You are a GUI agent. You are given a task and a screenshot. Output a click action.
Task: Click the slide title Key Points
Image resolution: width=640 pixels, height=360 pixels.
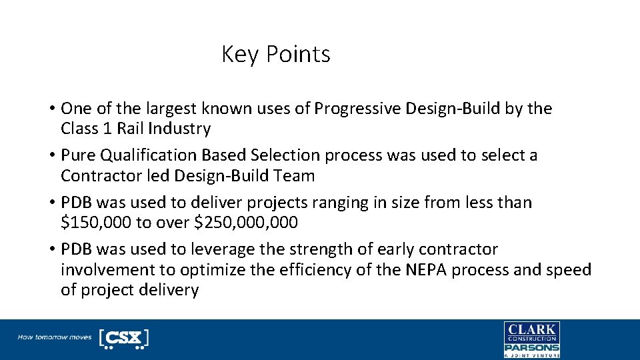[275, 54]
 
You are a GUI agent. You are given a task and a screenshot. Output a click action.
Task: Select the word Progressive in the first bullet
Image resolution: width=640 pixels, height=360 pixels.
[348, 108]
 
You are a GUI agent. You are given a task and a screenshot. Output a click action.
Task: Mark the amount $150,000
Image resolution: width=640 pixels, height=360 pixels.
[91, 223]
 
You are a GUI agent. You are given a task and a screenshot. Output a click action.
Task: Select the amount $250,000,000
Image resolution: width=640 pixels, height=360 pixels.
[245, 223]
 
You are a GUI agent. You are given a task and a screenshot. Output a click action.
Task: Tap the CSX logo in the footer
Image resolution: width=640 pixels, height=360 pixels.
[123, 339]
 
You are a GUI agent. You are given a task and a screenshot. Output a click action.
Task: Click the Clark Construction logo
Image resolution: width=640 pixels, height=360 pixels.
[531, 332]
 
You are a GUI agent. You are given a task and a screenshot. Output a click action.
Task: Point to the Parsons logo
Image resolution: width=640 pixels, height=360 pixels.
[531, 348]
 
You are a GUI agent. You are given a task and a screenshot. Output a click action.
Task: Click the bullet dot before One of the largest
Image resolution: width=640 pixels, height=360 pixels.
[51, 109]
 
